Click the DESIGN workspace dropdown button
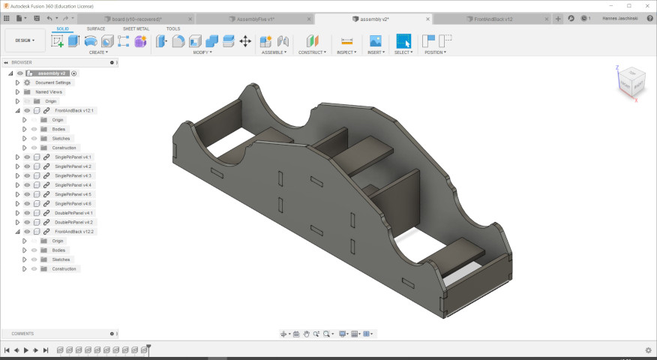pyautogui.click(x=25, y=40)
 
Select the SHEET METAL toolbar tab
pyautogui.click(x=136, y=28)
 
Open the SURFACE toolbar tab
pyautogui.click(x=96, y=28)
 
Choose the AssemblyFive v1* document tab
pyautogui.click(x=256, y=18)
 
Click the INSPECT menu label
pyautogui.click(x=346, y=52)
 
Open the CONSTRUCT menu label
pyautogui.click(x=312, y=52)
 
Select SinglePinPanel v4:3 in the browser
pyautogui.click(x=73, y=175)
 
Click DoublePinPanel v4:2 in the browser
pyautogui.click(x=73, y=222)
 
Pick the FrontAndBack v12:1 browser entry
pyautogui.click(x=75, y=110)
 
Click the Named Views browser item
pyautogui.click(x=49, y=91)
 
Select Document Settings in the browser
pyautogui.click(x=52, y=82)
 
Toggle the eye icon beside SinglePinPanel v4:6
pyautogui.click(x=27, y=203)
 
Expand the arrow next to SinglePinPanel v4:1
pyautogui.click(x=17, y=157)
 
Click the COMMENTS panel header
pyautogui.click(x=22, y=334)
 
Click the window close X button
pyautogui.click(x=647, y=5)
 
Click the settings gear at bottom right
pyautogui.click(x=648, y=350)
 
